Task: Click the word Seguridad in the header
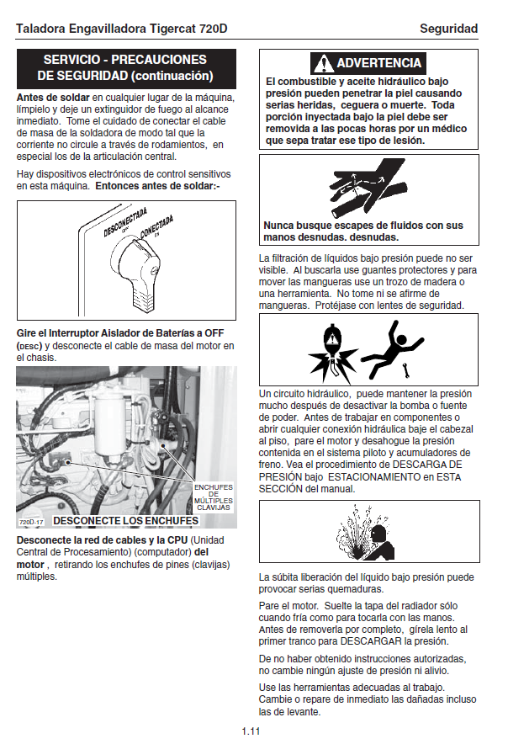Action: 449,29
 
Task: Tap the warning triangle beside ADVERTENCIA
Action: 323,63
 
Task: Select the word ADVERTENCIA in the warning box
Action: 378,63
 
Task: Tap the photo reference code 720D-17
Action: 30,522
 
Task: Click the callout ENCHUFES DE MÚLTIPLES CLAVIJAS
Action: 213,497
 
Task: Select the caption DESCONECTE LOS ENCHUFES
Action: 125,521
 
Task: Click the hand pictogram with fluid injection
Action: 362,190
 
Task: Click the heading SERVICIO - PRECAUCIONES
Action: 125,60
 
